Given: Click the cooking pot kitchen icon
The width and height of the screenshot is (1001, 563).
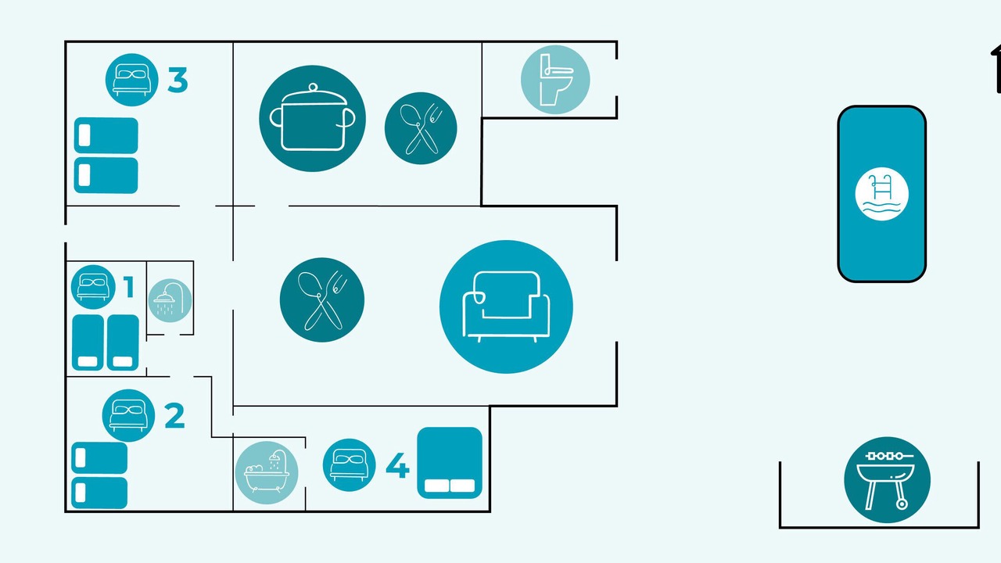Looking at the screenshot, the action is [x=312, y=118].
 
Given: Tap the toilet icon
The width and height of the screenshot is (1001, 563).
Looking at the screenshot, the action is [x=555, y=80].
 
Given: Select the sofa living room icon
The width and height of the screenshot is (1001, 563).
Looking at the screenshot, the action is [x=506, y=307].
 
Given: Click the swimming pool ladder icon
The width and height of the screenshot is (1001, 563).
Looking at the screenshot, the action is [x=881, y=194].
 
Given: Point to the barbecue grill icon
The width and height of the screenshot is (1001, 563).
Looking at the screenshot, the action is [x=887, y=479].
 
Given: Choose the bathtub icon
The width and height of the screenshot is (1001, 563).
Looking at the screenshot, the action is [x=267, y=473].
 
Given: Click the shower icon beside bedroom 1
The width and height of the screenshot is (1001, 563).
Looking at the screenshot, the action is [x=170, y=301].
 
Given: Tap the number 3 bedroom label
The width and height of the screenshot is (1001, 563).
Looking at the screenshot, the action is [x=178, y=80].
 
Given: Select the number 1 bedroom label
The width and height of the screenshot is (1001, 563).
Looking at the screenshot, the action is [x=129, y=286].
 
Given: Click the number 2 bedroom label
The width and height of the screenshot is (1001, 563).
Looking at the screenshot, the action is [x=174, y=415].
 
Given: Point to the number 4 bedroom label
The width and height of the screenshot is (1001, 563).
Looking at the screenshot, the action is [x=397, y=465].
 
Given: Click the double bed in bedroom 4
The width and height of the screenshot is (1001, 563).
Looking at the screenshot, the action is [x=450, y=463].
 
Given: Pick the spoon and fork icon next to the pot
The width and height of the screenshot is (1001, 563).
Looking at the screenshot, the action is [x=421, y=128].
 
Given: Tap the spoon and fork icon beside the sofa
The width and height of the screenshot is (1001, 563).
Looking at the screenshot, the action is [x=321, y=299].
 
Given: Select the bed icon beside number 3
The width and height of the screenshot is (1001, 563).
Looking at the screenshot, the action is [x=132, y=80].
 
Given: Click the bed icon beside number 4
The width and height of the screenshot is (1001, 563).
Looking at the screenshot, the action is [x=349, y=464].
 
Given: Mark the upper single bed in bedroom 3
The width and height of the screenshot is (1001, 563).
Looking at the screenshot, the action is [x=106, y=135].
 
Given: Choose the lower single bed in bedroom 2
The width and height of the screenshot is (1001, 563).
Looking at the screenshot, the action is [x=99, y=493].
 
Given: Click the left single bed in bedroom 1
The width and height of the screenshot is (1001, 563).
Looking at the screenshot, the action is [x=88, y=342].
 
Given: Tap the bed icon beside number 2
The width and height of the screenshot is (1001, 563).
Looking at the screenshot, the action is [x=128, y=415].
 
